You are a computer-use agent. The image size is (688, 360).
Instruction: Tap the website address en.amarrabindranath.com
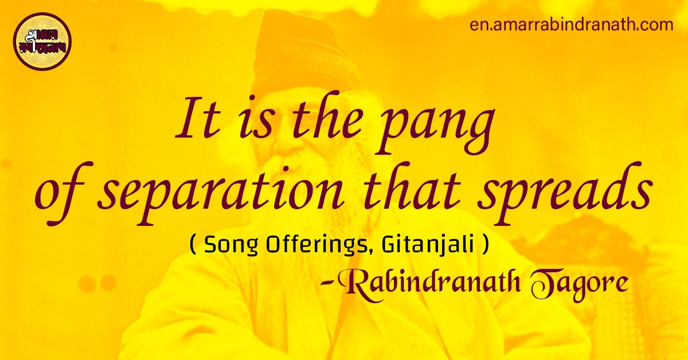point(570,25)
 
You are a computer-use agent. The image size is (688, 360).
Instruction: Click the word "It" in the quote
point(193,123)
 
